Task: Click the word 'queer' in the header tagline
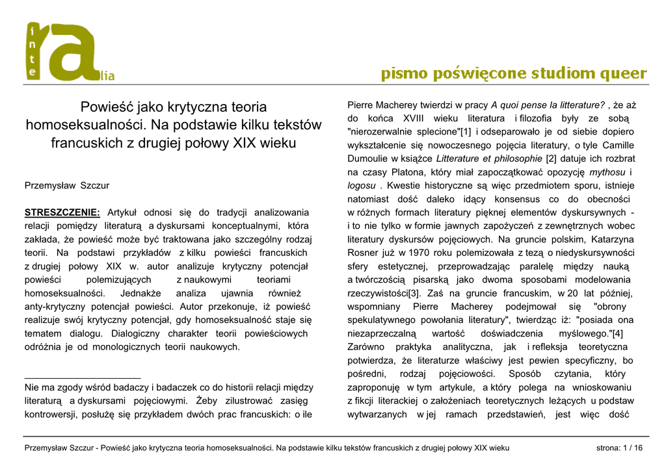click(622, 73)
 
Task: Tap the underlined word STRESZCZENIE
click(62, 212)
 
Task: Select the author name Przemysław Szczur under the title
click(67, 185)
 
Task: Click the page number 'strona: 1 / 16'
click(619, 448)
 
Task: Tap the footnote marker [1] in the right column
click(466, 132)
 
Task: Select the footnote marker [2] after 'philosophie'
click(551, 158)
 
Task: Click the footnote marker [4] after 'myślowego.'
click(617, 334)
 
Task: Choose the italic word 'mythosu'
click(607, 172)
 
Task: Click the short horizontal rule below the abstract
click(82, 377)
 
